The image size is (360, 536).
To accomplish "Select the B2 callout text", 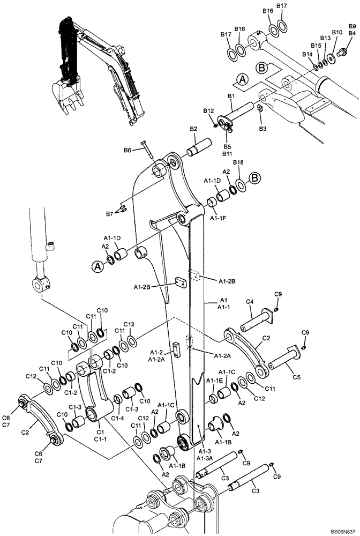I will pyautogui.click(x=193, y=129).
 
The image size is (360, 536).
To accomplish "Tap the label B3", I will pyautogui.click(x=262, y=129).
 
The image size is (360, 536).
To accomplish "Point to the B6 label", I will pyautogui.click(x=127, y=151).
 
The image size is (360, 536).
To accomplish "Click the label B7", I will pyautogui.click(x=109, y=214).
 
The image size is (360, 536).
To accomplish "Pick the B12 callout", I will pyautogui.click(x=208, y=111).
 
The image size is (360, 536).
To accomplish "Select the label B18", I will pyautogui.click(x=238, y=162).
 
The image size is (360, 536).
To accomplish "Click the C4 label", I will pyautogui.click(x=249, y=302).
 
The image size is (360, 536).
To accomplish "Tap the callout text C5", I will pyautogui.click(x=297, y=377).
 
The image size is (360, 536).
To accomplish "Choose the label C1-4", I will pyautogui.click(x=118, y=418).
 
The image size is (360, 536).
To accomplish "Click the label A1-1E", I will pyautogui.click(x=215, y=380).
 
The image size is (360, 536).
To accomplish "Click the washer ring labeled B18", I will pyautogui.click(x=240, y=185).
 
